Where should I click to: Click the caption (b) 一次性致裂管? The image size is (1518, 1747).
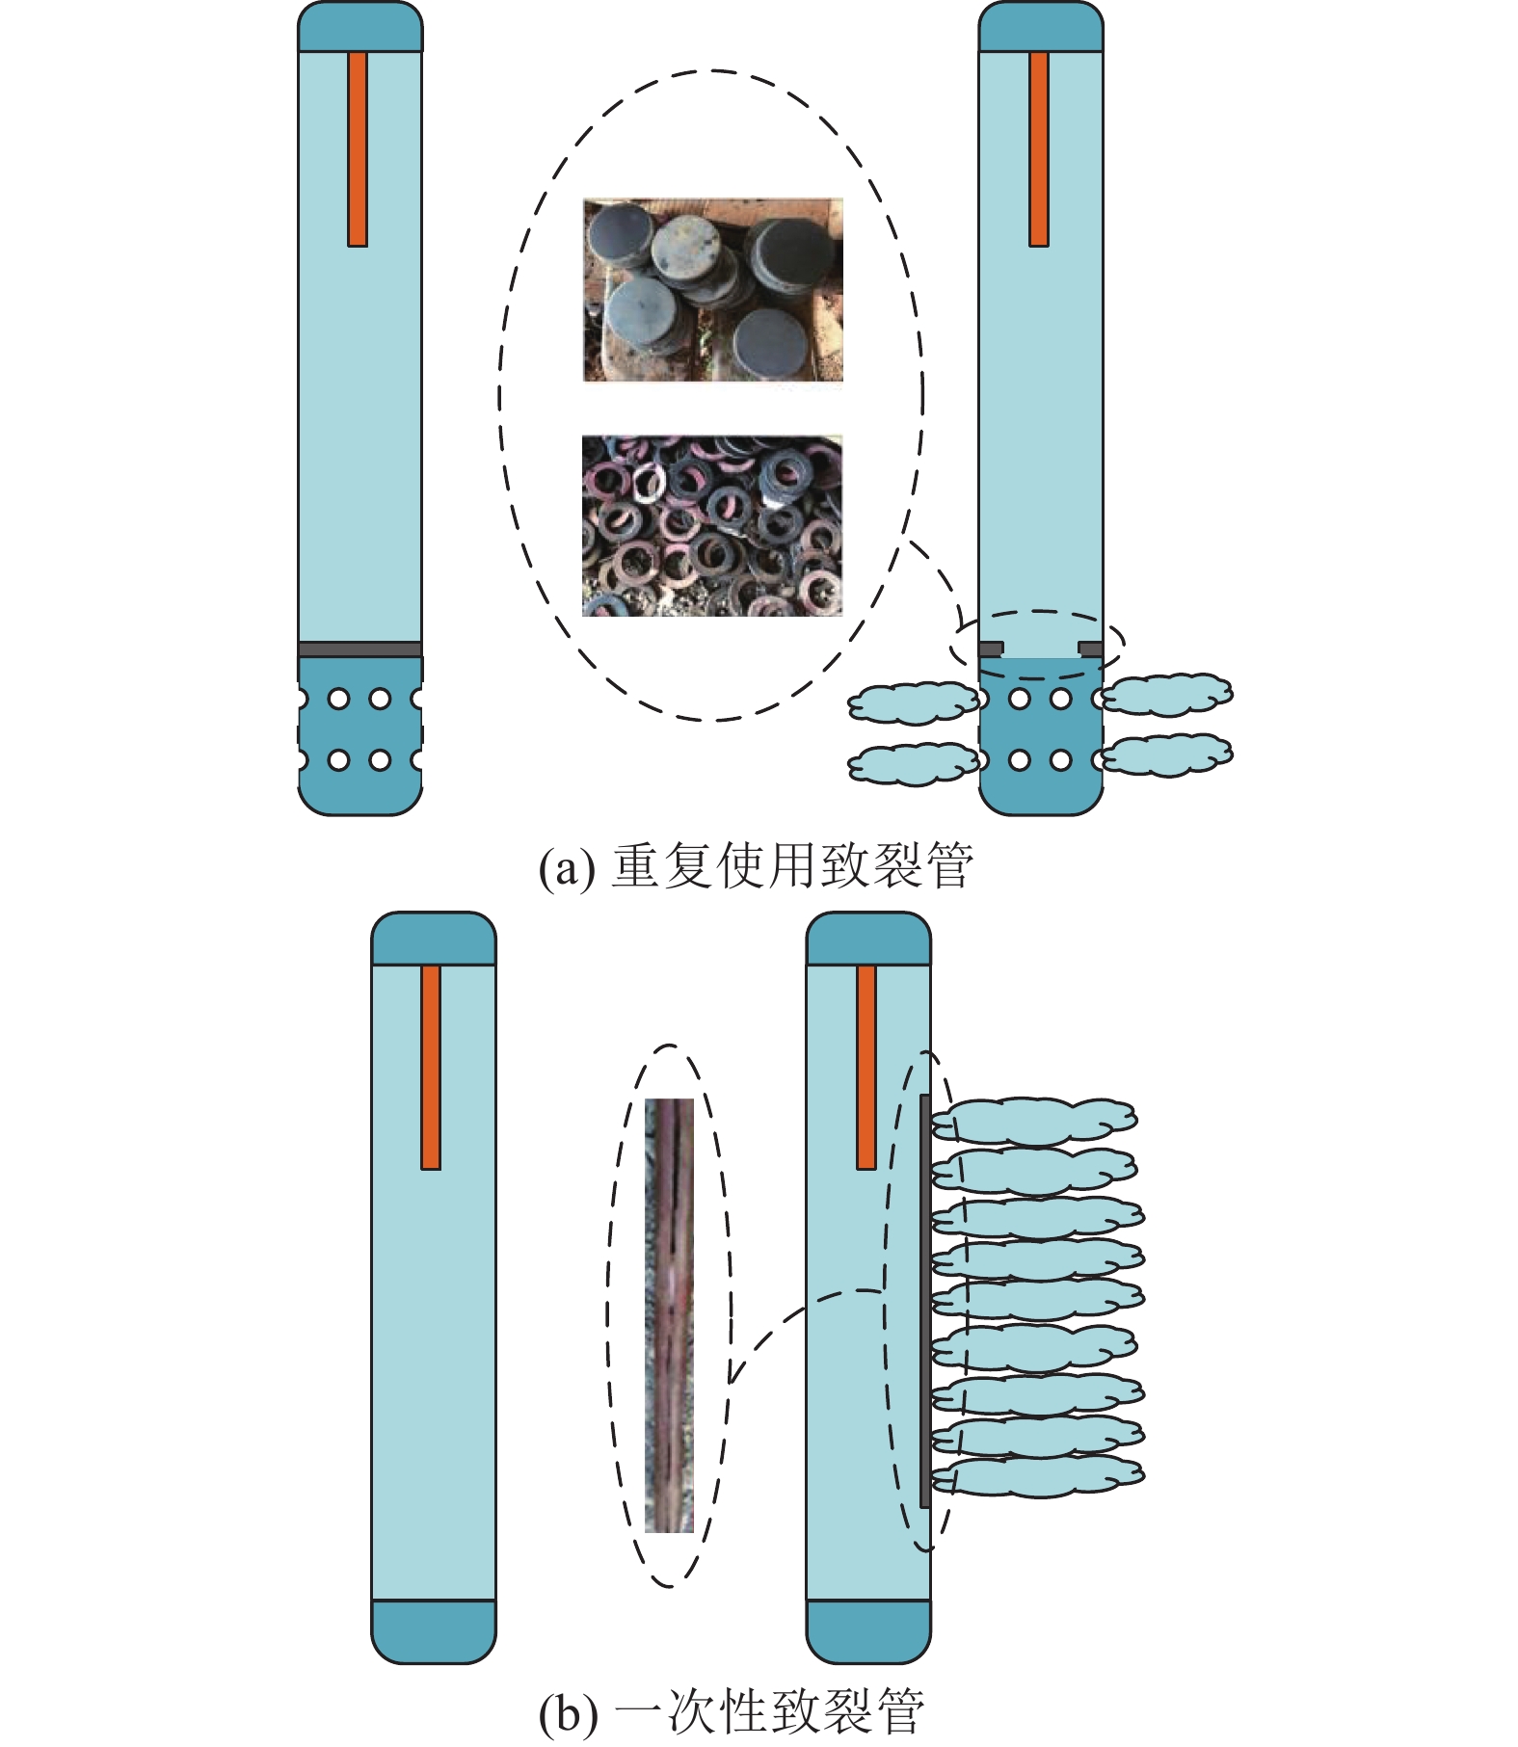pyautogui.click(x=731, y=1711)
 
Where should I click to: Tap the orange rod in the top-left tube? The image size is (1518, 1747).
pyautogui.click(x=358, y=149)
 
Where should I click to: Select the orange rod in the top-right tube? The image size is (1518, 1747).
pyautogui.click(x=1038, y=149)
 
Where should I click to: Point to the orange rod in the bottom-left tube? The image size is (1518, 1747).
pyautogui.click(x=431, y=1067)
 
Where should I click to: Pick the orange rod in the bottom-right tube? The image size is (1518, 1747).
pyautogui.click(x=866, y=1067)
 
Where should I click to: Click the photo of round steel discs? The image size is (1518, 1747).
pyautogui.click(x=712, y=290)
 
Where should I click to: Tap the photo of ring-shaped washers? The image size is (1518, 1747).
pyautogui.click(x=712, y=526)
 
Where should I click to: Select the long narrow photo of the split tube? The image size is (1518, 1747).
pyautogui.click(x=669, y=1314)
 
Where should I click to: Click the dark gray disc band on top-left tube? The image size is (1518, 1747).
pyautogui.click(x=360, y=649)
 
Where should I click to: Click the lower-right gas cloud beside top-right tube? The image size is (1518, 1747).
pyautogui.click(x=1167, y=754)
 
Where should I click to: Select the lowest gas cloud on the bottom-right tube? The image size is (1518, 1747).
pyautogui.click(x=1037, y=1475)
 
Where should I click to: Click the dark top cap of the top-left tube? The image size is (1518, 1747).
pyautogui.click(x=360, y=28)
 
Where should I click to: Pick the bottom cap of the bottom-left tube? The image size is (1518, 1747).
pyautogui.click(x=434, y=1630)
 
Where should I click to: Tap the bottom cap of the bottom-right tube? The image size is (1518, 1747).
pyautogui.click(x=868, y=1630)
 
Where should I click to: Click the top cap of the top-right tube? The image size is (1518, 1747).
pyautogui.click(x=1040, y=28)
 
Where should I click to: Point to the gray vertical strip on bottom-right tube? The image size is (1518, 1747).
pyautogui.click(x=925, y=1301)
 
